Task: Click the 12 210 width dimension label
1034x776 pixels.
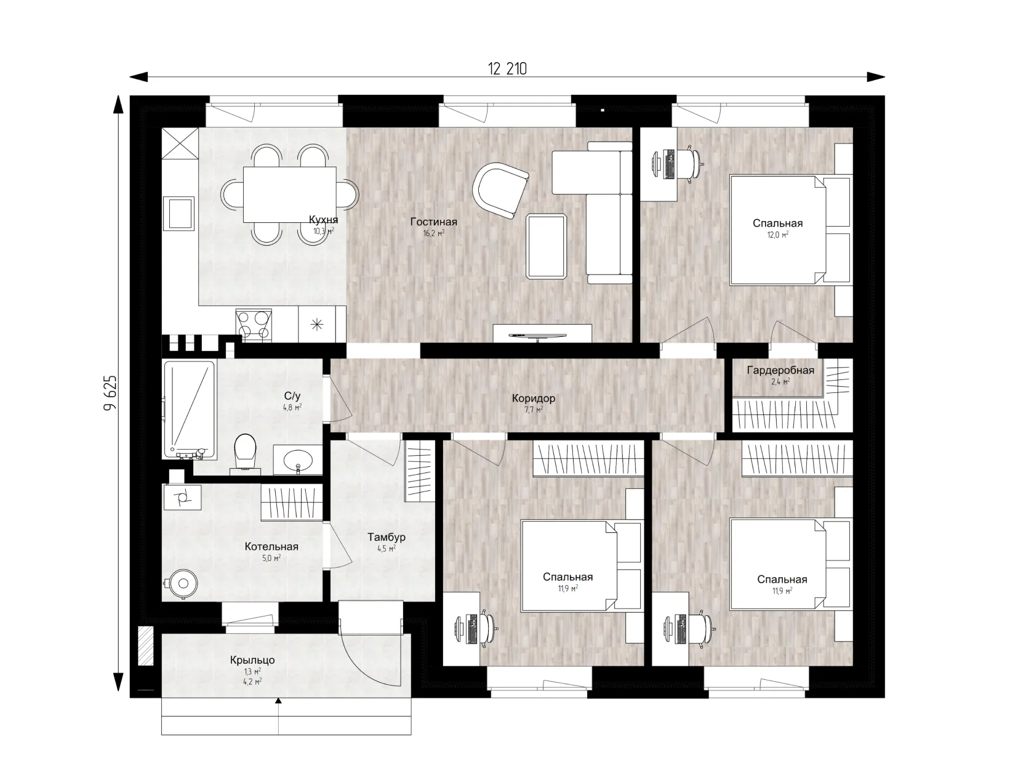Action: (507, 69)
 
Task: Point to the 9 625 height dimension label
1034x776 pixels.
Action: (110, 392)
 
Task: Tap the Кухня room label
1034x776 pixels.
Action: (323, 219)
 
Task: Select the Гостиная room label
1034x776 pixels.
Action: (433, 222)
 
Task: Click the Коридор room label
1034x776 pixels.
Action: (533, 398)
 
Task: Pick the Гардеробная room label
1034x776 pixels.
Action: (780, 370)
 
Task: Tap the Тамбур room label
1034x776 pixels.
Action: (387, 537)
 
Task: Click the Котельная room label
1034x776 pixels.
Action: (271, 546)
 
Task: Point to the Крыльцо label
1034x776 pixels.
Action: (252, 660)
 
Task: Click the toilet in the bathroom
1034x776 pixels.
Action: (244, 453)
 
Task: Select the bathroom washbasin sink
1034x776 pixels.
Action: (297, 459)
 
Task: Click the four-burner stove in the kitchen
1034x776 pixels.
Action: (254, 325)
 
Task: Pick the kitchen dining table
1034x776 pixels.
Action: (290, 195)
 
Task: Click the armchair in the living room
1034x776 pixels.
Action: (500, 190)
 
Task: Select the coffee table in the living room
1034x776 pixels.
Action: (547, 246)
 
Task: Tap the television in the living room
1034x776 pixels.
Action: (537, 336)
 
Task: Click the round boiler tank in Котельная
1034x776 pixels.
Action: (183, 584)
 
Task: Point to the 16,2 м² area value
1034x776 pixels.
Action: (433, 233)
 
